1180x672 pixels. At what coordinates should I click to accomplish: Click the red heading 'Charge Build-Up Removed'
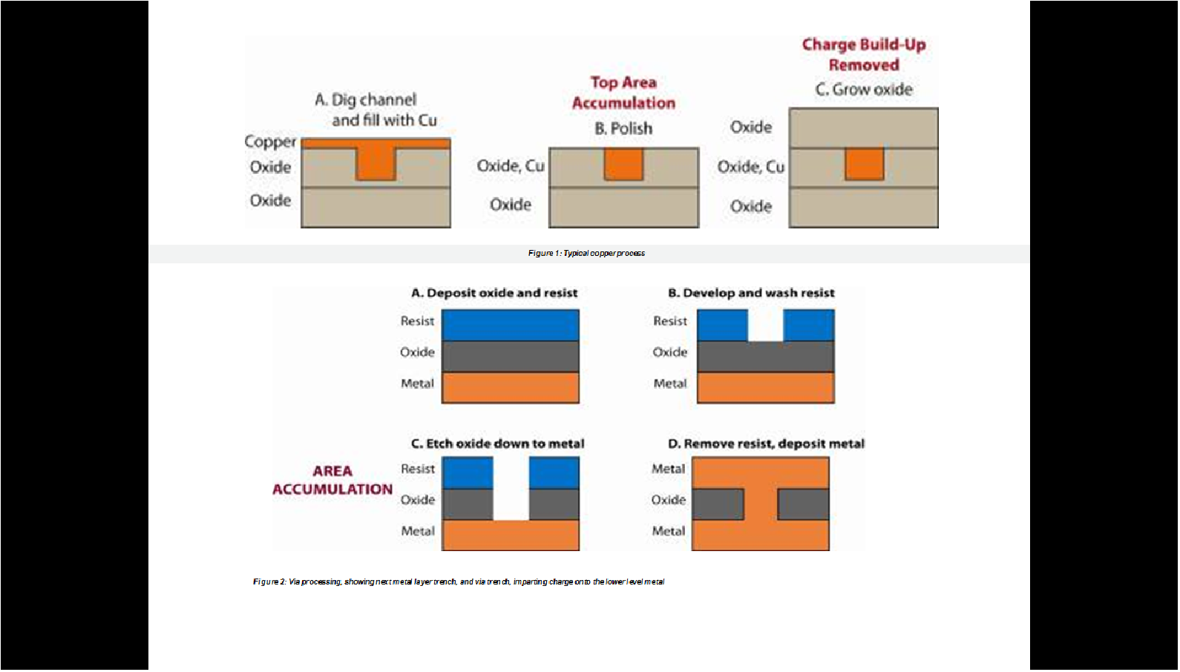point(863,55)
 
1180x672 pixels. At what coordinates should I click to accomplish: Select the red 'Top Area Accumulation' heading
point(623,93)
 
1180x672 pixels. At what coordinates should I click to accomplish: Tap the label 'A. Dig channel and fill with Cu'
point(375,110)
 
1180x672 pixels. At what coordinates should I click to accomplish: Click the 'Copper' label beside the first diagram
point(270,142)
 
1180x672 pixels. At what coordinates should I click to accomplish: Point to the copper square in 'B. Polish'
point(623,164)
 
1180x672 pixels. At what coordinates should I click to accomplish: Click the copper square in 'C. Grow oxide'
point(864,164)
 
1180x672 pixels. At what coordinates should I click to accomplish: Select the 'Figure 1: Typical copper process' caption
point(586,254)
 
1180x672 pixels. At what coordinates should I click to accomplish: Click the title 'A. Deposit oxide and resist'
point(494,293)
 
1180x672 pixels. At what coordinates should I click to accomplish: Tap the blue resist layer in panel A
point(511,326)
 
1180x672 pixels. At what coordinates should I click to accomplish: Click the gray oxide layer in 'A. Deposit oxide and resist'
point(511,357)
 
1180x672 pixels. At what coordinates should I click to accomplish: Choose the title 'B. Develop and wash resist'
point(751,293)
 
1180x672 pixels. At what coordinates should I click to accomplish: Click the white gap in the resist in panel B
point(765,326)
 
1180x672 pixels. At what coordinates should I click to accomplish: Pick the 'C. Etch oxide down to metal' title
point(497,444)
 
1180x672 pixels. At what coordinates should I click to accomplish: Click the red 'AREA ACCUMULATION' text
point(332,480)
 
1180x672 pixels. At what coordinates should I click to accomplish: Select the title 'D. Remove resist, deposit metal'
point(766,444)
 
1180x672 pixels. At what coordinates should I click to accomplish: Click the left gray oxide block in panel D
point(718,504)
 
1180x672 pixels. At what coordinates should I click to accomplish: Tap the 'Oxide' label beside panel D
point(668,500)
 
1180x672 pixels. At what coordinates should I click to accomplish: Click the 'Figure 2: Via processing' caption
point(459,582)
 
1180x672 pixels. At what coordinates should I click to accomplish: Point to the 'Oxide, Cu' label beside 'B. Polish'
point(511,166)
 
